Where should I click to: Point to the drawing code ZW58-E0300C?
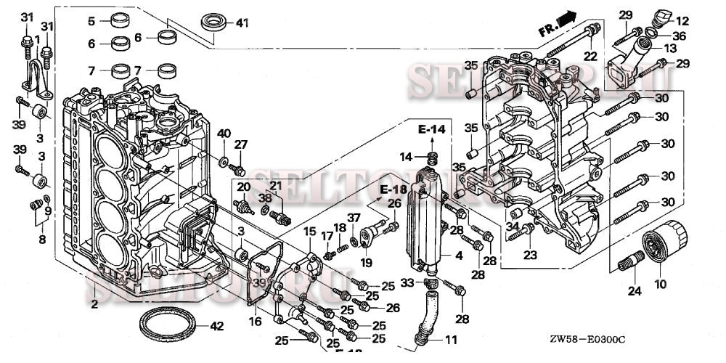click(589, 339)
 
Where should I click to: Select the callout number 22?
click(590, 55)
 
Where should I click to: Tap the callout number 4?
click(458, 255)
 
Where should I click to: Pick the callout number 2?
click(94, 305)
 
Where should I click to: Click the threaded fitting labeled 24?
click(629, 262)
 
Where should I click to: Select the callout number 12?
click(682, 20)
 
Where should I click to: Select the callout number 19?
click(367, 262)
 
